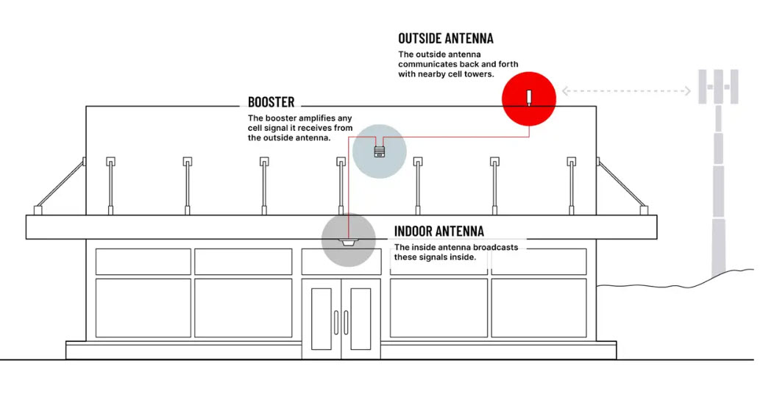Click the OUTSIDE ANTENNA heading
pos(446,38)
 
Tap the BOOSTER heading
pos(271,102)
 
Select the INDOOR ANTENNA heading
pos(439,231)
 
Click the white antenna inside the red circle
pos(529,97)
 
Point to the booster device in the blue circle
pos(379,151)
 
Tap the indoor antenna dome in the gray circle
pos(349,243)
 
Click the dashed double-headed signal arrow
pos(626,90)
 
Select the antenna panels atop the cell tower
pos(718,87)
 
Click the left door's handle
pos(336,322)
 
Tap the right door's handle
pos(346,322)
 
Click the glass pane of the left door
pos(321,318)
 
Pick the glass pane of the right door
pos(361,318)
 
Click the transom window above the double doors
pos(341,262)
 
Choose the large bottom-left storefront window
pos(143,308)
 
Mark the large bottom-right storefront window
pos(539,308)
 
